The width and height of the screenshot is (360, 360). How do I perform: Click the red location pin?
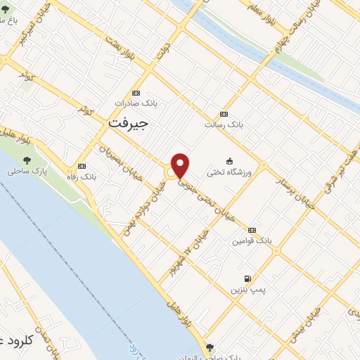[x=181, y=165]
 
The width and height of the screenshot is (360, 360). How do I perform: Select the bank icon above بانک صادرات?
[x=136, y=93]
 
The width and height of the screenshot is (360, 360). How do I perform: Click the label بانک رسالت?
[x=224, y=124]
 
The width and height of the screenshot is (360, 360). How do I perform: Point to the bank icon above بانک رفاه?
[x=82, y=166]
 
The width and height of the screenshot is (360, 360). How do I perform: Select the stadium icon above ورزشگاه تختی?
[x=229, y=161]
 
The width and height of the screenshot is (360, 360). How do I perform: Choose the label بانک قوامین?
[x=252, y=240]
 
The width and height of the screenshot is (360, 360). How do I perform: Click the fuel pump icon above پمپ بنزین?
[x=247, y=278]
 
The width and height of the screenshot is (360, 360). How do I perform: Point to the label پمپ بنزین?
[x=247, y=290]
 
